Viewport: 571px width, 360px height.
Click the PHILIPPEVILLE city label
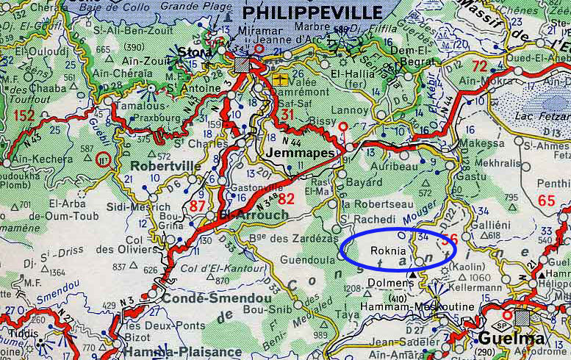tap(312, 12)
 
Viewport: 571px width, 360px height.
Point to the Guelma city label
tap(511, 339)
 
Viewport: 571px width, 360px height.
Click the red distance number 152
tap(24, 115)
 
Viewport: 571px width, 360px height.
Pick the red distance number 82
tap(286, 198)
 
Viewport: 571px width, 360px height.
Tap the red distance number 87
tap(198, 206)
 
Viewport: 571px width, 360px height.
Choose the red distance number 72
tap(479, 66)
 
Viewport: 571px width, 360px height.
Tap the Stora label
tap(192, 52)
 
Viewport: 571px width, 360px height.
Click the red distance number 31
tap(287, 115)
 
